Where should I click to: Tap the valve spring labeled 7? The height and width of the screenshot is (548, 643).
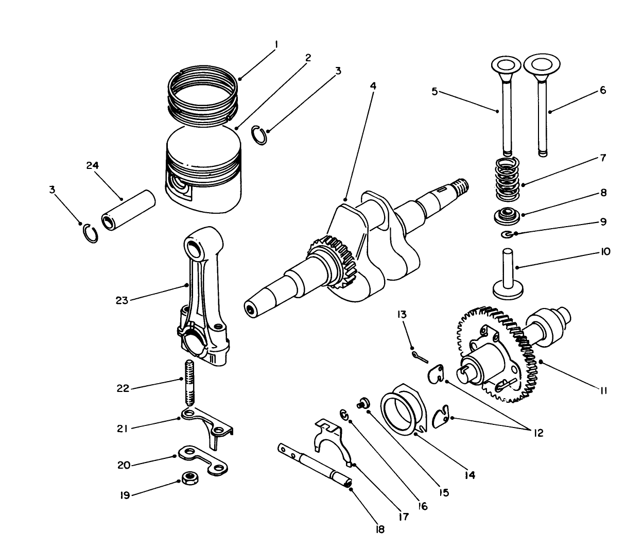[507, 179]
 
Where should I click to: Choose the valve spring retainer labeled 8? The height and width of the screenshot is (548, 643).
[507, 215]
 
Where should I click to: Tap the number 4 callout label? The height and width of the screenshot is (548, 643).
[373, 86]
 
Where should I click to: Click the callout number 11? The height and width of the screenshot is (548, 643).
[603, 391]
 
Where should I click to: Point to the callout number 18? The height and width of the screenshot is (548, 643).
[380, 529]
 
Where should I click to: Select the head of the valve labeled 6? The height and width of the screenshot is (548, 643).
[541, 65]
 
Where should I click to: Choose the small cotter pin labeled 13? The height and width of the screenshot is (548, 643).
[420, 356]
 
